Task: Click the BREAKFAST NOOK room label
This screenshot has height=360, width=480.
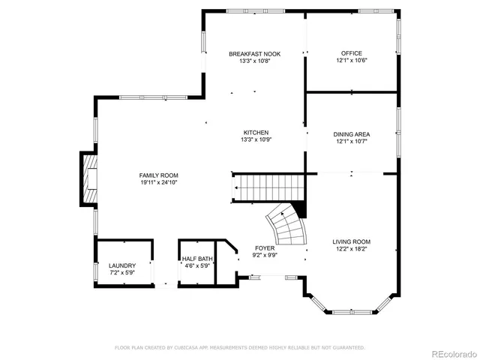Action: [x=255, y=54]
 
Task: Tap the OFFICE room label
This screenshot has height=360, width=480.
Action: [x=351, y=53]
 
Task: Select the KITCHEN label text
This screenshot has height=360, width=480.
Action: [x=255, y=133]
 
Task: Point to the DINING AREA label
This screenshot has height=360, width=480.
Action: [x=351, y=134]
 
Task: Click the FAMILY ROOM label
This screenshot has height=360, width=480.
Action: [x=158, y=175]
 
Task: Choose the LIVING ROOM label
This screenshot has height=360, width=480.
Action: [x=351, y=241]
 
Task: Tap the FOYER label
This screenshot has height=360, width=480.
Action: [x=264, y=247]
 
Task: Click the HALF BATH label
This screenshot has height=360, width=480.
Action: [x=197, y=259]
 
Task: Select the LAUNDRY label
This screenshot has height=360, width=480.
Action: [x=121, y=265]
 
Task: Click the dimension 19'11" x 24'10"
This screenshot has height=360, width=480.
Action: [x=158, y=182]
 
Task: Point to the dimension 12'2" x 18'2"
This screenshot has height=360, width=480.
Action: [x=351, y=249]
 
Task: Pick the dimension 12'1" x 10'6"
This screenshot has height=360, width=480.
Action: [x=351, y=61]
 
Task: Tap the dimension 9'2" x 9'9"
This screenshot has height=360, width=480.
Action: [x=264, y=255]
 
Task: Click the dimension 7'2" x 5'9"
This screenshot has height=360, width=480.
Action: [x=121, y=273]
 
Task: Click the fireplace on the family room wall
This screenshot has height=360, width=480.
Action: [x=89, y=179]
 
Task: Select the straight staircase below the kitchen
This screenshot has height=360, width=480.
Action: [x=267, y=187]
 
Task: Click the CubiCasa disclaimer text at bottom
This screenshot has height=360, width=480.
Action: [x=240, y=347]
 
